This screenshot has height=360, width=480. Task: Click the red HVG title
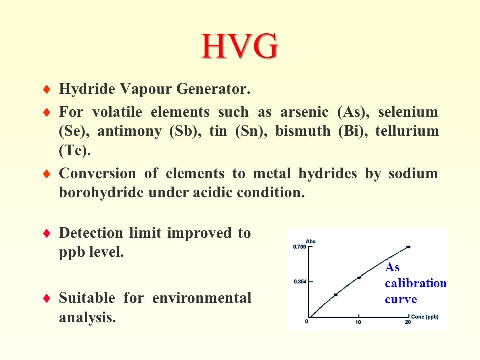point(240,46)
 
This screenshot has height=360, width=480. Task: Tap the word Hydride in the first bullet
point(87,89)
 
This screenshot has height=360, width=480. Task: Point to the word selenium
point(408,112)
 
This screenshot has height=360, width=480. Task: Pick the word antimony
point(129,131)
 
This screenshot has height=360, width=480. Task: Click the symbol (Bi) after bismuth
point(353,131)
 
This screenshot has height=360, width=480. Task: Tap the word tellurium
point(407,131)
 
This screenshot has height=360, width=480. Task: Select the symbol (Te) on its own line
point(75,151)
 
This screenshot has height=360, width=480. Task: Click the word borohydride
point(101,193)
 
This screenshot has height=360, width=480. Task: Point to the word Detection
point(91,233)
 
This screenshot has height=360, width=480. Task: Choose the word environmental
point(202,298)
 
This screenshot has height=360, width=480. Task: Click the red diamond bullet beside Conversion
point(47,174)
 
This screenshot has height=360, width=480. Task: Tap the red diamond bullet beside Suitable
point(47,298)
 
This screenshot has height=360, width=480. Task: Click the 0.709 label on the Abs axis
point(299,246)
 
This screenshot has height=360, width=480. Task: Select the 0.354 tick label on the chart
point(300,281)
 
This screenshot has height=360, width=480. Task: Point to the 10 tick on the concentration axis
point(358,322)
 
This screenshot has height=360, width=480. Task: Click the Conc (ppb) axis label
point(425,317)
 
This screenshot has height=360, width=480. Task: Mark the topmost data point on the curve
point(408,247)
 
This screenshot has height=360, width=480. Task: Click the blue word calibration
point(416,283)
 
